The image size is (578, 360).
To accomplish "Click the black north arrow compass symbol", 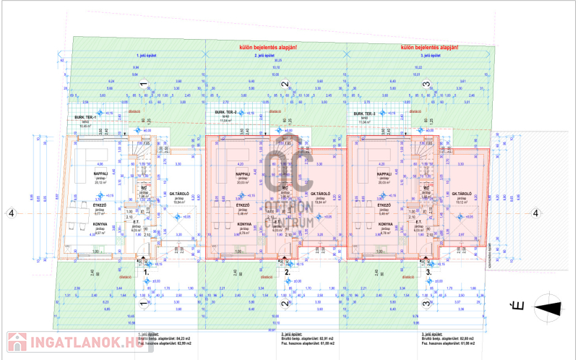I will click(547, 309).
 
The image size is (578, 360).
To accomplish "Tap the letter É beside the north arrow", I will click(517, 307).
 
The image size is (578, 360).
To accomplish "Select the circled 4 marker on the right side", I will click(535, 213).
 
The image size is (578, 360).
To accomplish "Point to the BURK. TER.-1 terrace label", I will click(85, 116).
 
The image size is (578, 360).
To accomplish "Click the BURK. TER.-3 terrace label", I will click(364, 114).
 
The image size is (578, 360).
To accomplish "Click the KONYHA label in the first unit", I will click(100, 224).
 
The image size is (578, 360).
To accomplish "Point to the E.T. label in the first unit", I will click(136, 222).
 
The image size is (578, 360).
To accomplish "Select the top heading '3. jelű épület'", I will click(431, 55).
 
